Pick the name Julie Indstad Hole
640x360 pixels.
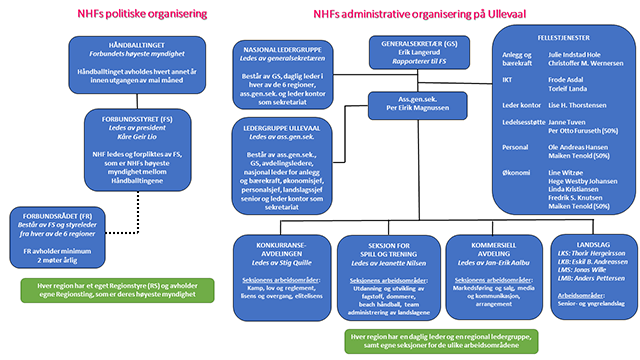click(x=576, y=57)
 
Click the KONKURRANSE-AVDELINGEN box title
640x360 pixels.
click(x=279, y=249)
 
